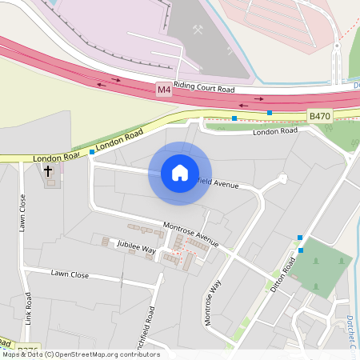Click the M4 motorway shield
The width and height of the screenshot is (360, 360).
pos(164,90)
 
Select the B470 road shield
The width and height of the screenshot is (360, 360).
pos(319,116)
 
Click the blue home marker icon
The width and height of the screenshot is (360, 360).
pos(180,173)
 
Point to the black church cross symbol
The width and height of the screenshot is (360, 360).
pos(48,171)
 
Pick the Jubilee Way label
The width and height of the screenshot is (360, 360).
pos(136,246)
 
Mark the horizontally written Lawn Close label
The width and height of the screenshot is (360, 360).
pos(70,274)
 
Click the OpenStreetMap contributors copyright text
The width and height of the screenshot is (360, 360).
pos(80,354)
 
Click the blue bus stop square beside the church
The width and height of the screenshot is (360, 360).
pos(92,152)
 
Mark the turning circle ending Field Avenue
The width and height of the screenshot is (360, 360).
pos(282,179)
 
